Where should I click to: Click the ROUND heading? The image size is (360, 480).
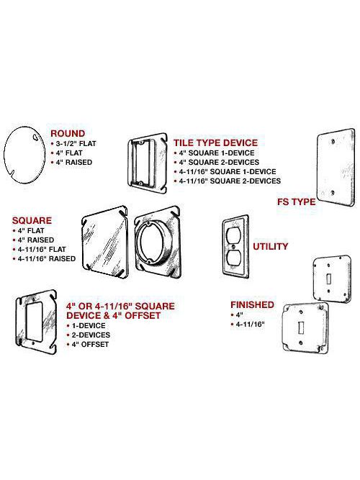(x=68, y=133)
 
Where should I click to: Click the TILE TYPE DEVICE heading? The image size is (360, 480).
(x=215, y=142)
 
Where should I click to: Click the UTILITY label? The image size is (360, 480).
(x=269, y=246)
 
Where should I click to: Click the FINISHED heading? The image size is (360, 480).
(x=251, y=304)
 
